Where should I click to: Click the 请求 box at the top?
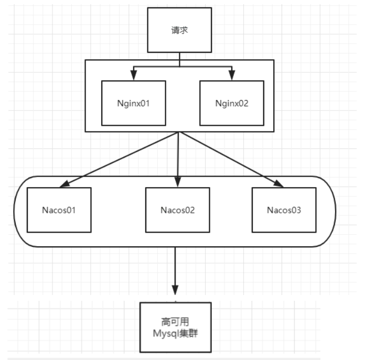(x=179, y=30)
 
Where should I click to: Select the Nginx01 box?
(x=133, y=103)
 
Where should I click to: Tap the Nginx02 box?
(x=231, y=103)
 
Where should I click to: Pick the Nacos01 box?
(x=59, y=210)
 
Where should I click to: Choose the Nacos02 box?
(x=178, y=210)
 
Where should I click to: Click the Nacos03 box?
(x=284, y=210)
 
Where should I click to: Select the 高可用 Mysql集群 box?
(x=175, y=327)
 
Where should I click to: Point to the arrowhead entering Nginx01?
(x=133, y=77)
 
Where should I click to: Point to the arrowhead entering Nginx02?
(x=231, y=77)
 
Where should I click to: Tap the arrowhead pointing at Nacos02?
(x=178, y=183)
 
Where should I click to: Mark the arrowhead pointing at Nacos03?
(x=278, y=183)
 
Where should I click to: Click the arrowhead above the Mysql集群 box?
(x=175, y=290)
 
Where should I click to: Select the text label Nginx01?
(x=133, y=103)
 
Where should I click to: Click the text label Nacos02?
(x=178, y=211)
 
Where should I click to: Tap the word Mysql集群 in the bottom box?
(x=175, y=332)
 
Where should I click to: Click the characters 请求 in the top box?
(x=179, y=30)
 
